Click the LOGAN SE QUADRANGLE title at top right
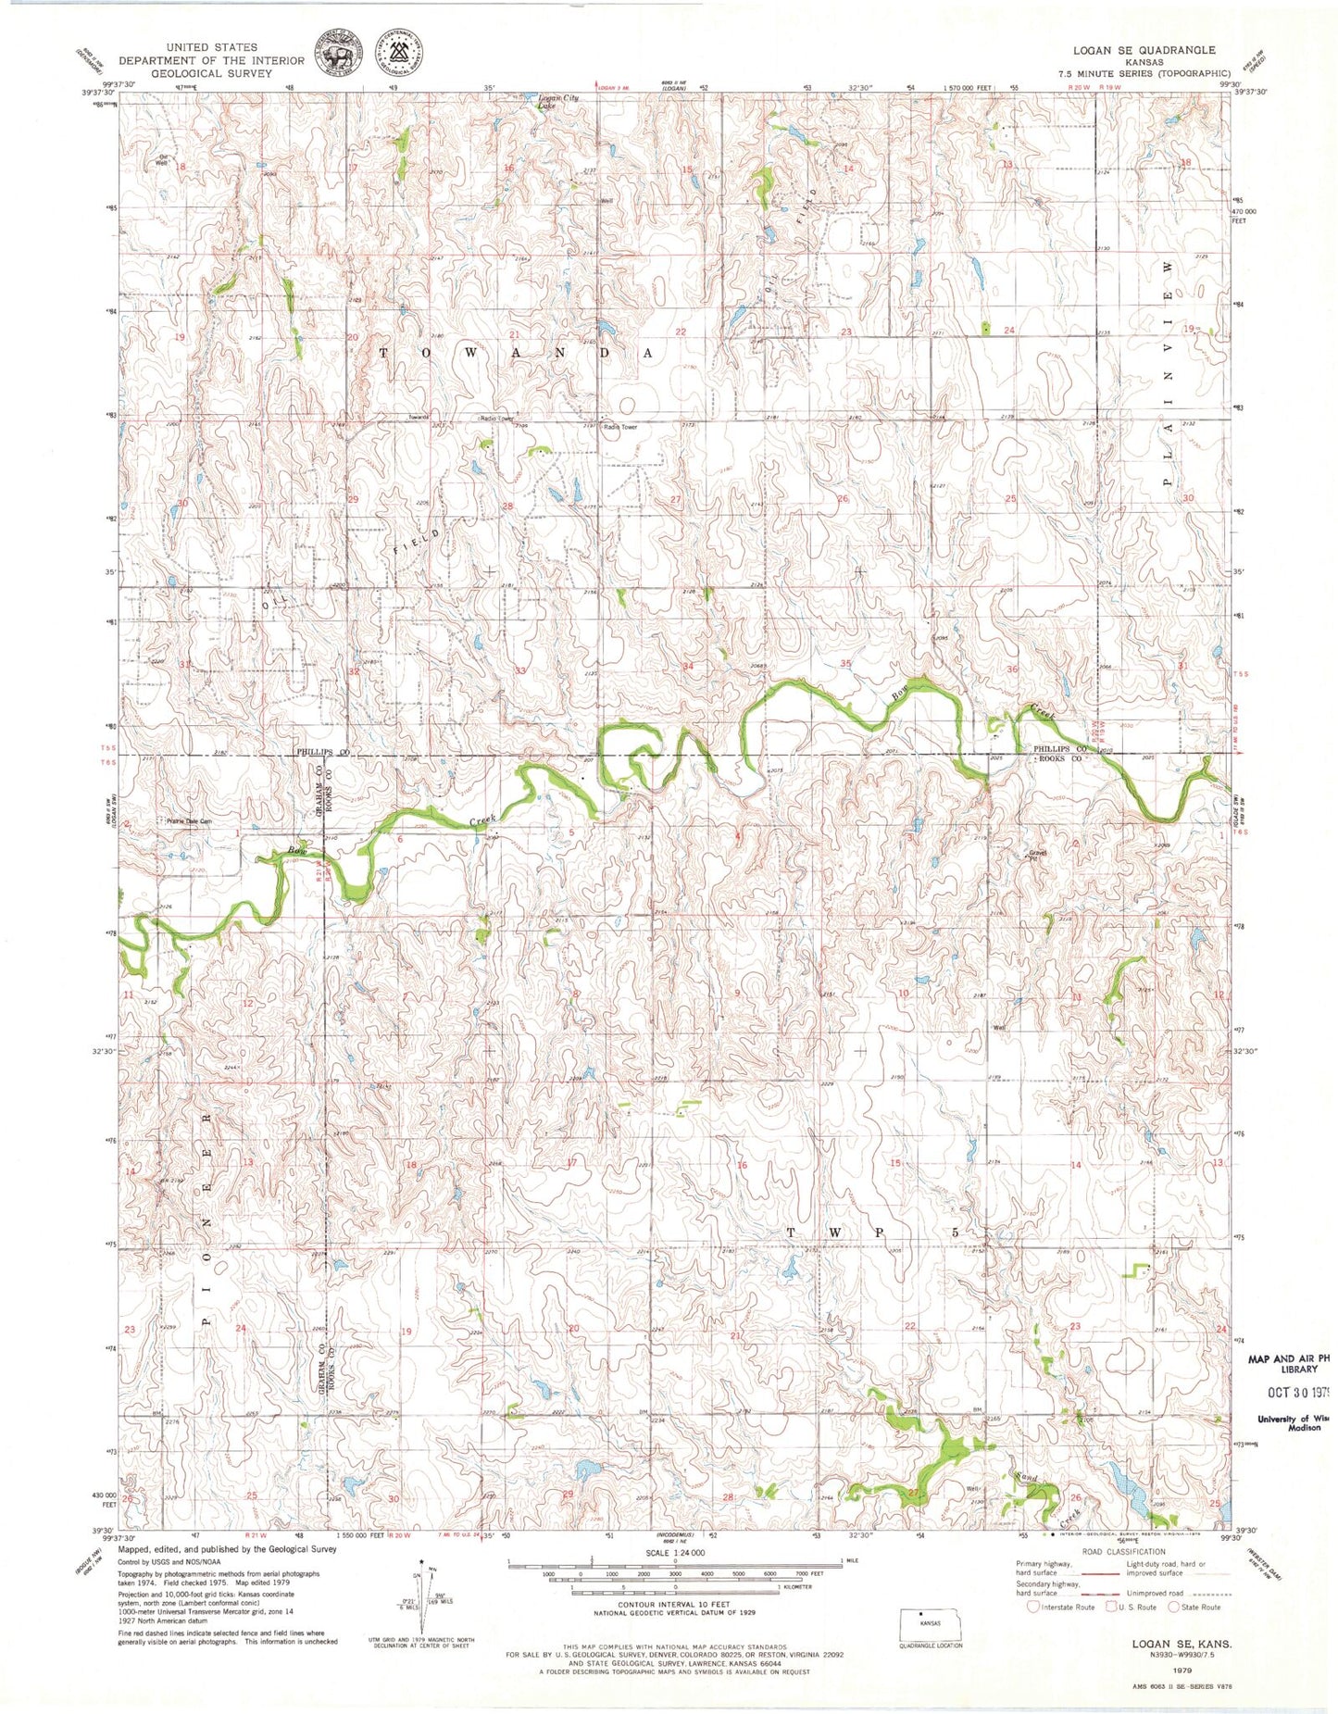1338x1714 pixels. [1144, 50]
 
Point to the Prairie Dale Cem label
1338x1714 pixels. [189, 820]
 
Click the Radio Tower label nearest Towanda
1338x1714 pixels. [496, 418]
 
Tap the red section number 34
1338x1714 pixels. [687, 666]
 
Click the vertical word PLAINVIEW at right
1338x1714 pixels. [1169, 370]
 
